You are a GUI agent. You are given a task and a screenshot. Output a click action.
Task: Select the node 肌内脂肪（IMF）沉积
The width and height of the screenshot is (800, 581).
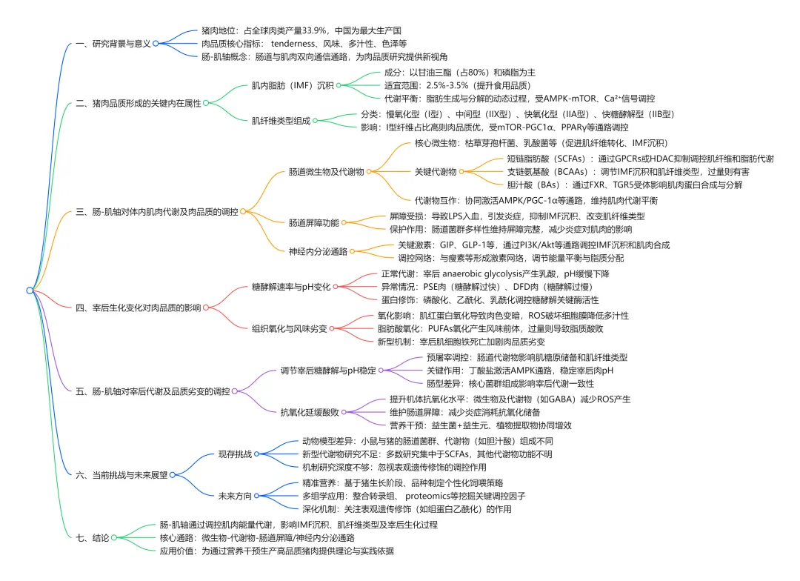tap(293, 85)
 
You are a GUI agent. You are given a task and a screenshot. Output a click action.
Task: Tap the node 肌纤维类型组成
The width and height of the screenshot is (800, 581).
tap(281, 120)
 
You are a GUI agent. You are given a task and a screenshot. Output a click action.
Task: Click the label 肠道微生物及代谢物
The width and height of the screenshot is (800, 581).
tap(326, 172)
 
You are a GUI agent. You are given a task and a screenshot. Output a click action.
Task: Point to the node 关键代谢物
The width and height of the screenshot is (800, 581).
tap(435, 172)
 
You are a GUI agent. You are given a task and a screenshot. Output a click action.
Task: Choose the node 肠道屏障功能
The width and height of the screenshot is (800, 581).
tap(313, 222)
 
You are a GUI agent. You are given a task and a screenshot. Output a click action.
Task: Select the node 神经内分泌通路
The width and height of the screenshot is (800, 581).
tap(318, 251)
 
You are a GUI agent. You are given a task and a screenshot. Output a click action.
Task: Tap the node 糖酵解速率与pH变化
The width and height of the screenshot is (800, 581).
tap(291, 286)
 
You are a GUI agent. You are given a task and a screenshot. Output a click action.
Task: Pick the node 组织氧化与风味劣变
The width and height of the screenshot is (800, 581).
tap(289, 328)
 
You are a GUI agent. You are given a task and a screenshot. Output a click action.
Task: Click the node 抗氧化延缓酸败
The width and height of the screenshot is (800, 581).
tap(310, 412)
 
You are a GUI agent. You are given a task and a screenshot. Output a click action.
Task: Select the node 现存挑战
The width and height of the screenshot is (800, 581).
tap(235, 454)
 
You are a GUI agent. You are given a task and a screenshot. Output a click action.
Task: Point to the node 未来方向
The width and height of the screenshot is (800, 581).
tap(235, 495)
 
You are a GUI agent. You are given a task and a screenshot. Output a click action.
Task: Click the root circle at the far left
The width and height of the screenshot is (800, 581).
tap(30, 290)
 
